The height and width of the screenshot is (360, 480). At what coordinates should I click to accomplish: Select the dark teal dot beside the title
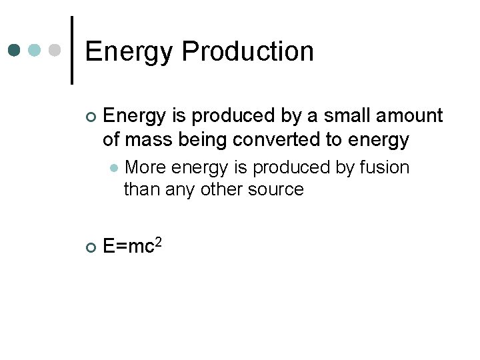tap(14, 50)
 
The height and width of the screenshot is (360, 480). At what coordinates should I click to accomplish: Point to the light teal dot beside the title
tap(35, 50)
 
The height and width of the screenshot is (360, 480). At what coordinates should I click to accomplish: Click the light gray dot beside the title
tap(55, 50)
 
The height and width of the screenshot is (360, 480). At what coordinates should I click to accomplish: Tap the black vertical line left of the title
tap(71, 50)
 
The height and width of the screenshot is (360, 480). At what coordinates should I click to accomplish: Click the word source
tap(276, 189)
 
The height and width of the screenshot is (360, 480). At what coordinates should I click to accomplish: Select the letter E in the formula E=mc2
tap(109, 247)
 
